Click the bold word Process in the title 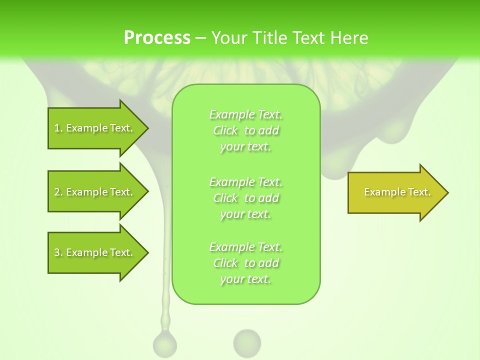point(157,38)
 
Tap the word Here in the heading point(348,38)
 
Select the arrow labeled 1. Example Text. point(95,128)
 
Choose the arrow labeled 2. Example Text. point(95,192)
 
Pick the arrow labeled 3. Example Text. point(95,252)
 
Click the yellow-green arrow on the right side point(395,192)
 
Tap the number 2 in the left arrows point(57,192)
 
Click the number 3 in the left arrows point(57,252)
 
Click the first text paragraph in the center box point(246,130)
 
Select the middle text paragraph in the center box point(246,198)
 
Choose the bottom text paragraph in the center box point(246,263)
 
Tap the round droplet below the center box point(247,342)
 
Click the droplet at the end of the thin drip point(164,344)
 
